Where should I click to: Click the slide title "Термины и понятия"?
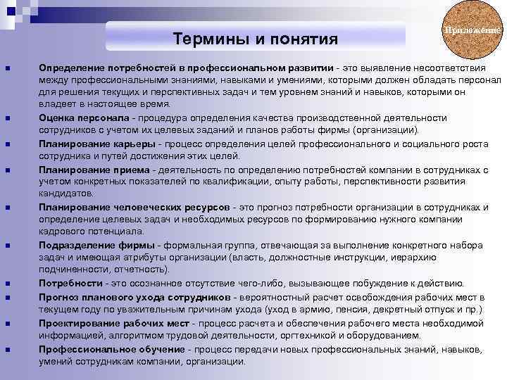click(256, 37)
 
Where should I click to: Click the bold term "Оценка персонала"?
click(84, 118)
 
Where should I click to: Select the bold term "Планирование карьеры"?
click(97, 144)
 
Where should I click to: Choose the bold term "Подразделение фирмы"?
click(100, 246)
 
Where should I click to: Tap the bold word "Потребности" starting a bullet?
click(70, 284)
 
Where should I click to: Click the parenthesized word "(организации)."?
click(385, 130)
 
